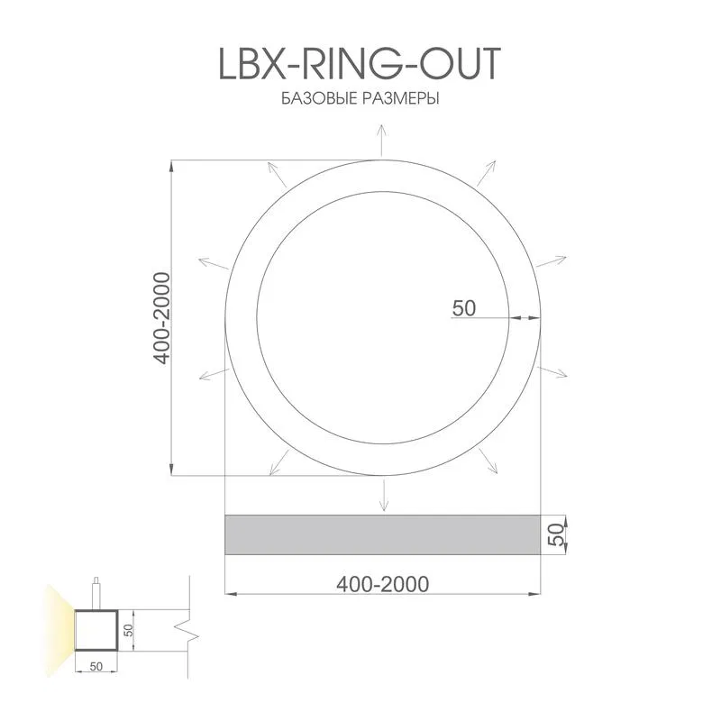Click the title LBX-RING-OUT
click(359, 63)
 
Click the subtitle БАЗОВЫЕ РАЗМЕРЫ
click(360, 99)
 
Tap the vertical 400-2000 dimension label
click(162, 318)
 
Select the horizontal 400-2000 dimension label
click(382, 584)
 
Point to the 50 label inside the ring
click(463, 308)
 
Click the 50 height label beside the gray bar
click(556, 534)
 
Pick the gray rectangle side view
click(382, 534)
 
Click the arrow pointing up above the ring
click(381, 141)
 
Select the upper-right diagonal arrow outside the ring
click(486, 173)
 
